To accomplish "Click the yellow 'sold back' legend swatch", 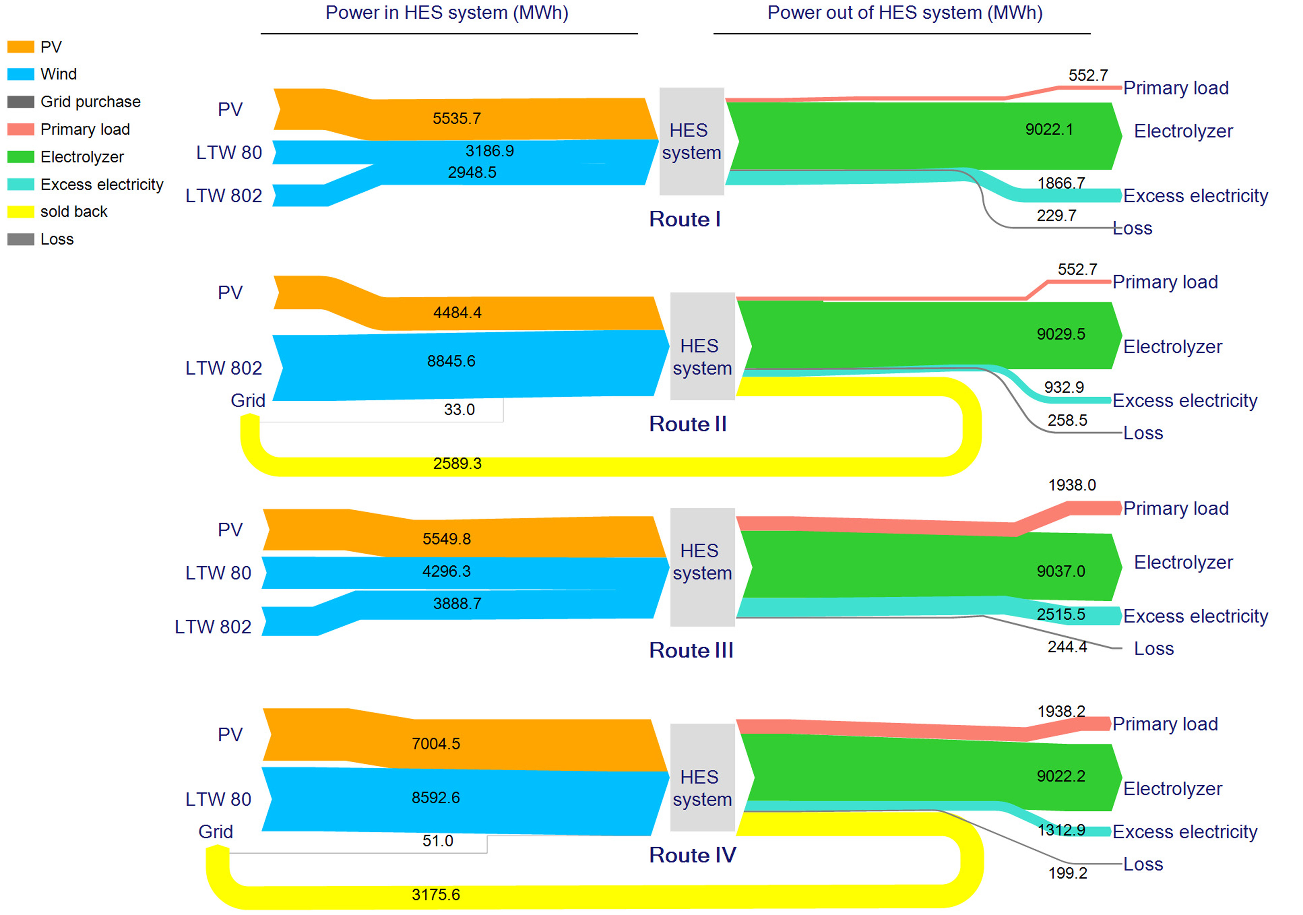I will coord(20,212).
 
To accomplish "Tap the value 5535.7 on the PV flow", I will coord(456,118).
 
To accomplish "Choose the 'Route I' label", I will coord(684,219).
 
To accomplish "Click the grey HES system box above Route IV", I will coord(702,777).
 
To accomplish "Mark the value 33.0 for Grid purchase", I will coord(459,410).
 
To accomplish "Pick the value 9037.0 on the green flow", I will coord(1060,571).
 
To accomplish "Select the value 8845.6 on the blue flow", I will coord(451,361).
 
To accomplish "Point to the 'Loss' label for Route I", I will coord(1132,228).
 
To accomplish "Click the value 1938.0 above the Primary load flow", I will coord(1072,485).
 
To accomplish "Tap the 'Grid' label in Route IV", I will coord(215,831).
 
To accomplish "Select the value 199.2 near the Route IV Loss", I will coord(1067,873).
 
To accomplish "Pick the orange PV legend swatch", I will coord(20,47).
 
